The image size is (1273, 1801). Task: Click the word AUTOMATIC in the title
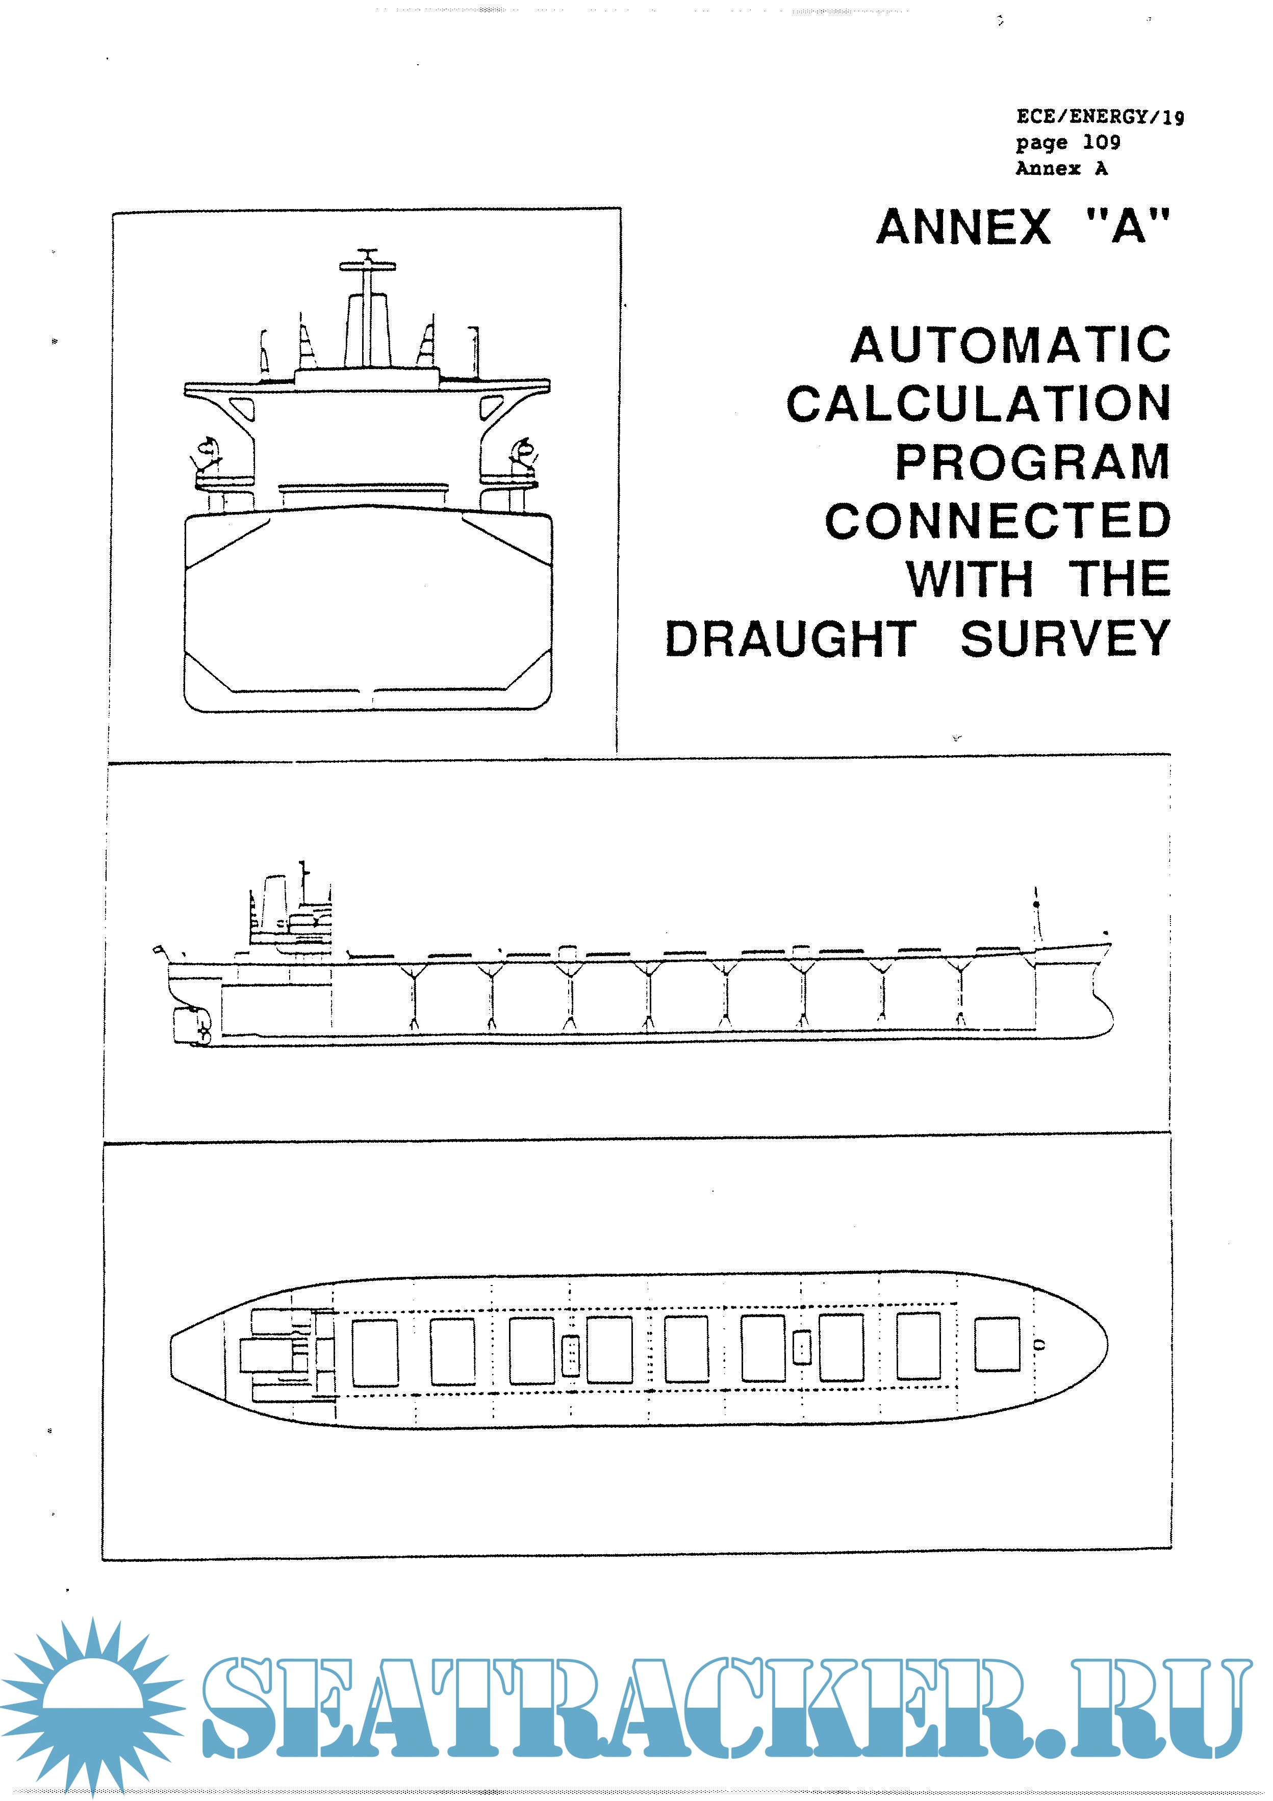[x=1010, y=345]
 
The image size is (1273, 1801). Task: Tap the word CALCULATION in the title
[x=978, y=404]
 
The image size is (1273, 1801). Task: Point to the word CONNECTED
[x=998, y=521]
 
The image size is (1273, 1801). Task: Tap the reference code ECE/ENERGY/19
[x=1100, y=117]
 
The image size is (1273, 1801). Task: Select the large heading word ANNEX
[x=963, y=227]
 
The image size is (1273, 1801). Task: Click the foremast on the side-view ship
[x=1036, y=918]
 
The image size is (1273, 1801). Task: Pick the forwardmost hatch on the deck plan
[x=997, y=1345]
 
